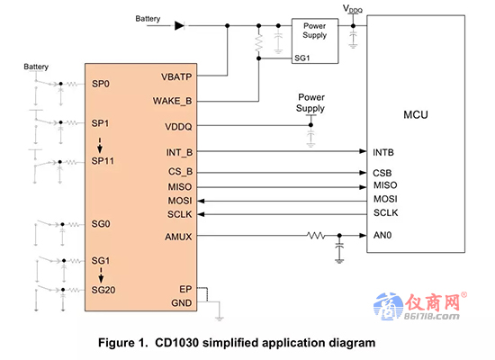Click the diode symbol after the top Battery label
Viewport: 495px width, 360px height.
(x=180, y=25)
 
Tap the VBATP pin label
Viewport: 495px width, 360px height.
(x=176, y=76)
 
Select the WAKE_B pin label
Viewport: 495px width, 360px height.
(x=173, y=101)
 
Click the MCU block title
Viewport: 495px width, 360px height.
(x=416, y=114)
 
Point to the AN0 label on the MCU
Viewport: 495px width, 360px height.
(x=382, y=235)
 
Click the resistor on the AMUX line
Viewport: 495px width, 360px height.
(x=316, y=235)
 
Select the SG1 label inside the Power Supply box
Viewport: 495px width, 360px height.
(x=302, y=58)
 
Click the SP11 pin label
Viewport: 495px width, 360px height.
(x=103, y=161)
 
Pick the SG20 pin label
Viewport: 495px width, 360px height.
(x=103, y=290)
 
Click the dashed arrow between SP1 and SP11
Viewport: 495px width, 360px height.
(x=100, y=145)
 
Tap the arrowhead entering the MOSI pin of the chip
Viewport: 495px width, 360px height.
(x=201, y=201)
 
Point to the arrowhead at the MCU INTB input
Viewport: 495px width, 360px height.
(x=363, y=151)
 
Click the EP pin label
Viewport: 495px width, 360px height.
(x=185, y=289)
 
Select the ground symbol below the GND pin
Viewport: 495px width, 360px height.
(x=220, y=318)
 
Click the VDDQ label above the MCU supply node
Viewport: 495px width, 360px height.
(x=353, y=9)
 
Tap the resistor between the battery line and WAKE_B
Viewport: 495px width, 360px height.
(x=259, y=42)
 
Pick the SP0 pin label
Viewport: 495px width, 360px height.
(x=101, y=84)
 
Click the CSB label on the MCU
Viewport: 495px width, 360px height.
(x=382, y=173)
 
